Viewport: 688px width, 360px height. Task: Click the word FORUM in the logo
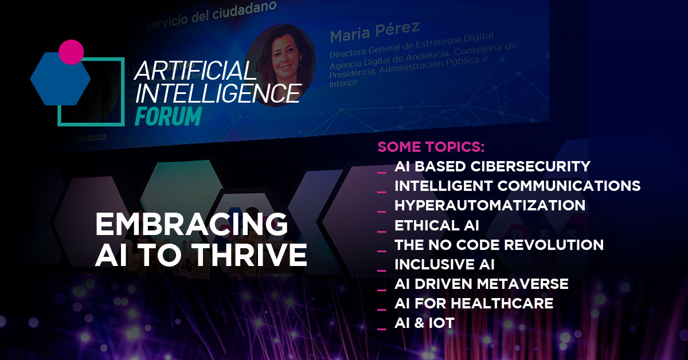click(x=168, y=115)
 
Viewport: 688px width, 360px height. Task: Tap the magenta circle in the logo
click(x=71, y=52)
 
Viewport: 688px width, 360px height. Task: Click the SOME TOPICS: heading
click(x=431, y=147)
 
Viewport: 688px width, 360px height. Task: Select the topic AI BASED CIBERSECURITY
click(x=492, y=166)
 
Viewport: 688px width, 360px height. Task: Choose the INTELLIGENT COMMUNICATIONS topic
click(x=517, y=186)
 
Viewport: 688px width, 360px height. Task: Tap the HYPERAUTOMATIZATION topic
click(x=490, y=205)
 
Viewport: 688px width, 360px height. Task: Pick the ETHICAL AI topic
click(x=437, y=225)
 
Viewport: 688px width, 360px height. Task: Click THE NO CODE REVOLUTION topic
click(x=499, y=245)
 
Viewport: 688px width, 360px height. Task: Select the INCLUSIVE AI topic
click(x=444, y=264)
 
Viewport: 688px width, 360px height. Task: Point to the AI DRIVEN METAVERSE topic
click(x=481, y=284)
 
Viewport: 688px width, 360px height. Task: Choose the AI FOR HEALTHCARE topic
click(x=474, y=303)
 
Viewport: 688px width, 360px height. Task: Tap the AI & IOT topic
click(x=424, y=323)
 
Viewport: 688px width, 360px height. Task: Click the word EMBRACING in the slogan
click(x=191, y=224)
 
